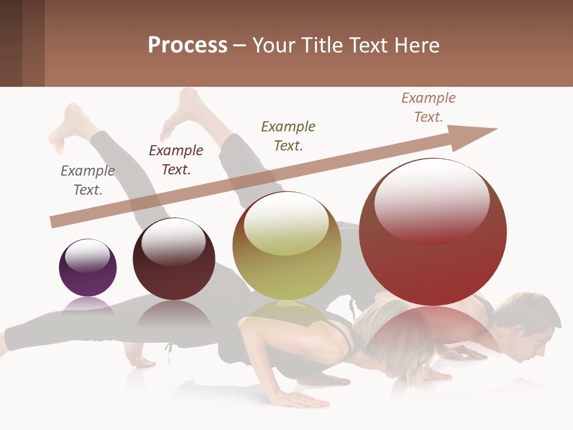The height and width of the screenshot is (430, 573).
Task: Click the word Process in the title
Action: point(187,45)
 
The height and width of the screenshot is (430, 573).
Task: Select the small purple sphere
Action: point(88,268)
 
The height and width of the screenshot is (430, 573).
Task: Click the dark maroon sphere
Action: point(174,259)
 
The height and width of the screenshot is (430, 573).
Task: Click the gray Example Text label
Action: point(87,180)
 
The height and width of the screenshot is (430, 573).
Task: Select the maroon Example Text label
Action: point(175,160)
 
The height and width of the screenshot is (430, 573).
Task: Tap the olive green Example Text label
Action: point(288,136)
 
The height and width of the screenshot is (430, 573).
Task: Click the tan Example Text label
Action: point(428,107)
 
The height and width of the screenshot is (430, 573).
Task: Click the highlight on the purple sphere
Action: point(87,255)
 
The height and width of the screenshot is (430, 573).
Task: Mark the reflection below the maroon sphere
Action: point(174,315)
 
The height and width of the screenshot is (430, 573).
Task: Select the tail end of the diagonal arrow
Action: point(55,222)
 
